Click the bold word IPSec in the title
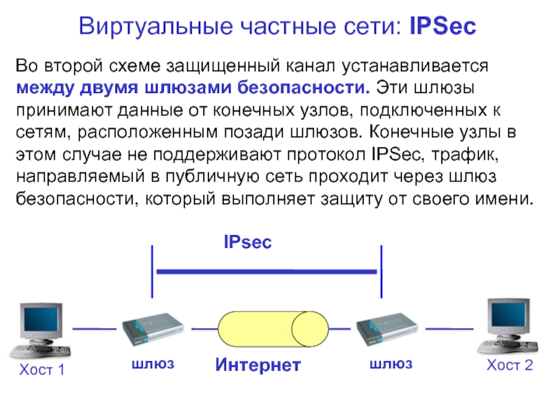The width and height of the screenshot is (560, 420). click(443, 26)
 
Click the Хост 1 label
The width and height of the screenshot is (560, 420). click(42, 370)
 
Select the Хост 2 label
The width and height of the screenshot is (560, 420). click(510, 365)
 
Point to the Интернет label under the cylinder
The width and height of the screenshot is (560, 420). click(258, 365)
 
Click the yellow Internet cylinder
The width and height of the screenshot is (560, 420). click(273, 329)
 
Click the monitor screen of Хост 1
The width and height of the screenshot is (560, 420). click(41, 321)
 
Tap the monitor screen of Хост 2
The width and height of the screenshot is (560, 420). click(510, 314)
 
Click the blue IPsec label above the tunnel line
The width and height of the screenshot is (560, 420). click(248, 241)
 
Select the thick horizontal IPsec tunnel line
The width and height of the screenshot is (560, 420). click(267, 272)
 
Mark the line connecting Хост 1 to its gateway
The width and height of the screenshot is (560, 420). click(94, 328)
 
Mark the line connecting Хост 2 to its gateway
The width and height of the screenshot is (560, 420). click(449, 328)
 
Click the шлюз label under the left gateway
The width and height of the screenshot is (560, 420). click(153, 364)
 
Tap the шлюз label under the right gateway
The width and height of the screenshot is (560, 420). click(391, 364)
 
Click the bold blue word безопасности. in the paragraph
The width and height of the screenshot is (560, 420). click(304, 87)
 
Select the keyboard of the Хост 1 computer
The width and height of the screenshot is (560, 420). click(40, 351)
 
